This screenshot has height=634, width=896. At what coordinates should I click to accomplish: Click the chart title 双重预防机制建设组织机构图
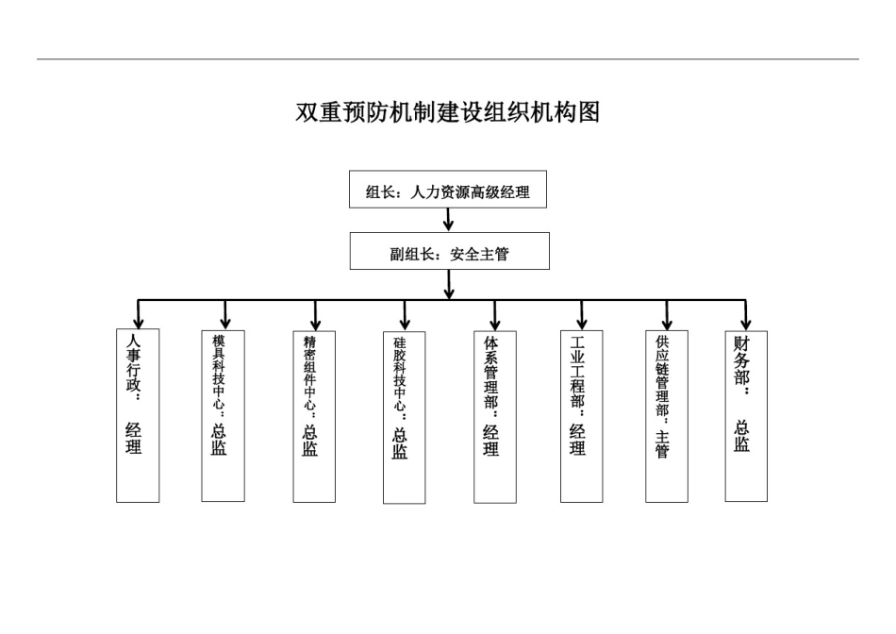pyautogui.click(x=448, y=112)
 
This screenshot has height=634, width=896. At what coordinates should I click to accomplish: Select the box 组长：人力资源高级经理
pyautogui.click(x=448, y=192)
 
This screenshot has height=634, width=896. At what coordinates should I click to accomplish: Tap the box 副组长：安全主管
pyautogui.click(x=449, y=253)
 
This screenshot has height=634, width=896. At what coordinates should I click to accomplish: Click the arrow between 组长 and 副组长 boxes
pyautogui.click(x=449, y=220)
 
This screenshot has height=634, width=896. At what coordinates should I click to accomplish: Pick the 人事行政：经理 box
pyautogui.click(x=137, y=415)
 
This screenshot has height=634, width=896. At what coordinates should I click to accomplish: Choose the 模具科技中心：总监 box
pyautogui.click(x=223, y=415)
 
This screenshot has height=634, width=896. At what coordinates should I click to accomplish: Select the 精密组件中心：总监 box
pyautogui.click(x=314, y=415)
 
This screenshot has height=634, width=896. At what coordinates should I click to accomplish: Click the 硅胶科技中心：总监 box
pyautogui.click(x=404, y=417)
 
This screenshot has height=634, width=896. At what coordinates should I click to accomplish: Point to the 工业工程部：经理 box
pyautogui.click(x=581, y=415)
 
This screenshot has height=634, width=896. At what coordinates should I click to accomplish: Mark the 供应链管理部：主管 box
pyautogui.click(x=666, y=415)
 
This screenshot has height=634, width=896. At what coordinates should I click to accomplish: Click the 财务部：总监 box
pyautogui.click(x=745, y=415)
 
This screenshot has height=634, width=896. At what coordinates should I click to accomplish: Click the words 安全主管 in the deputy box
pyautogui.click(x=479, y=253)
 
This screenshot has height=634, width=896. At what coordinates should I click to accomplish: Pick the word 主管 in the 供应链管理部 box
pyautogui.click(x=663, y=444)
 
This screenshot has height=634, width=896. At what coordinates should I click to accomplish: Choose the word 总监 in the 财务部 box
pyautogui.click(x=743, y=436)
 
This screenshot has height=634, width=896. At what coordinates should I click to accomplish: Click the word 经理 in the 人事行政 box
pyautogui.click(x=134, y=438)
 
